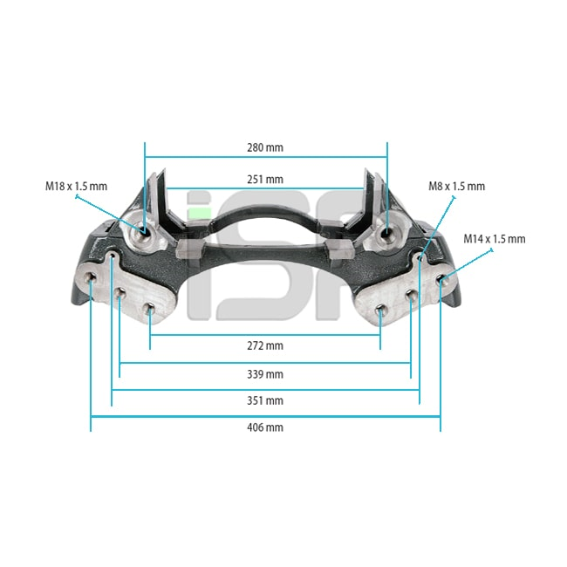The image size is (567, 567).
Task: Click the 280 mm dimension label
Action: [265, 147]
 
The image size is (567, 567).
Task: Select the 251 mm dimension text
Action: [265, 180]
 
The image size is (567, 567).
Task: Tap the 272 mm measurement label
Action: [265, 345]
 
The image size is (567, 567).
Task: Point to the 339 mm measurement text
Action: [265, 374]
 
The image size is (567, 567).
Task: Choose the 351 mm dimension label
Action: [265, 400]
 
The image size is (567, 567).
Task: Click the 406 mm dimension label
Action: [265, 427]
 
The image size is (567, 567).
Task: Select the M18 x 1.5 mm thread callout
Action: [76, 186]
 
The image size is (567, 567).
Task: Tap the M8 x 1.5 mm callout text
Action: [457, 186]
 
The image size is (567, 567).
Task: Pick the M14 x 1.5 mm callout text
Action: [495, 239]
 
